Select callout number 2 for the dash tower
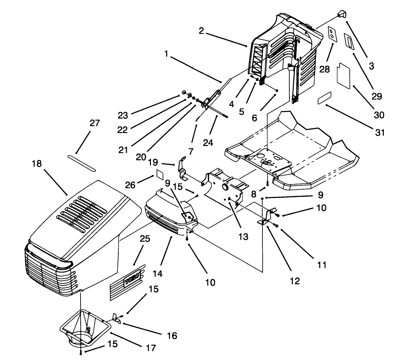pos(201,31)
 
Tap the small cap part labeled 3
pos(341,14)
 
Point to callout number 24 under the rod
pos(208,143)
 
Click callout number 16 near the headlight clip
pos(172,336)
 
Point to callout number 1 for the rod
pos(166,54)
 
